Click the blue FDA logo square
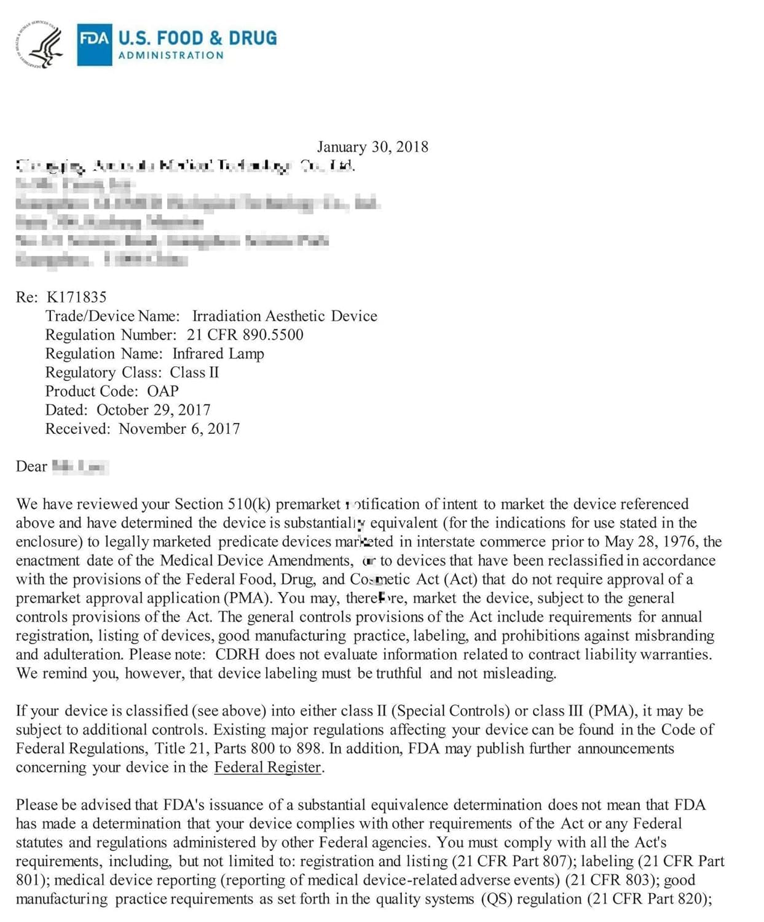click(x=94, y=44)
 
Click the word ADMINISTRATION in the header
click(x=171, y=55)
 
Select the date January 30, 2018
click(x=372, y=147)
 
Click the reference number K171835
click(x=76, y=297)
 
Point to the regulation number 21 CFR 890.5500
click(x=245, y=335)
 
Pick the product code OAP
click(x=163, y=392)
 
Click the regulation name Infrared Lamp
click(x=218, y=354)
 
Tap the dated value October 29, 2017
click(x=154, y=410)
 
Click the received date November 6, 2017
click(x=179, y=429)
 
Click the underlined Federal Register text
click(x=267, y=768)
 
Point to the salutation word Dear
click(x=31, y=467)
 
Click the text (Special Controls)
click(x=451, y=711)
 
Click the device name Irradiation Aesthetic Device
click(x=285, y=317)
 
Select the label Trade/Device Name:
click(x=112, y=317)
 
